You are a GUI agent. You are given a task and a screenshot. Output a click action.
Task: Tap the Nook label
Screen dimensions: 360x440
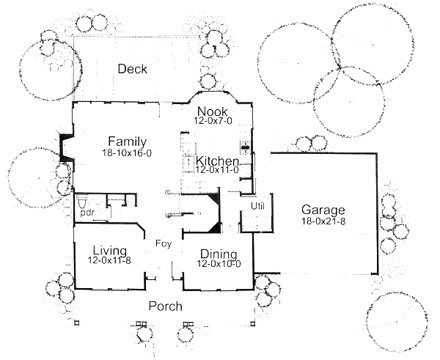[x=211, y=111]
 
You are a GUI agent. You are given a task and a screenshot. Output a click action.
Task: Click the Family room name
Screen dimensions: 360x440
[x=127, y=142]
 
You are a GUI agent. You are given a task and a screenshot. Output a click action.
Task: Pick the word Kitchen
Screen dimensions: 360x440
[x=217, y=161]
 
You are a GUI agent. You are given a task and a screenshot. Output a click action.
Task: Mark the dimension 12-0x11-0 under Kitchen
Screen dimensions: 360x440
[x=218, y=170]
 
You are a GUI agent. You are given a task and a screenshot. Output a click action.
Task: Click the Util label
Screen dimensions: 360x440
[x=257, y=206]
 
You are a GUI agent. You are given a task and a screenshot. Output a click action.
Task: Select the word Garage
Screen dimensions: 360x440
[x=321, y=210]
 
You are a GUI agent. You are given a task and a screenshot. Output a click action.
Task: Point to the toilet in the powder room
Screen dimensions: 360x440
[x=83, y=202]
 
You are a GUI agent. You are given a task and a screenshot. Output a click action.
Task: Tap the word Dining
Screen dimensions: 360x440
[x=218, y=253]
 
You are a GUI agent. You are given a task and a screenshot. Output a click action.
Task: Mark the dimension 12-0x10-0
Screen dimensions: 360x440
[x=218, y=263]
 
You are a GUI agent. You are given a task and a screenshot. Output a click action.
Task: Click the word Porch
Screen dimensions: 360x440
[x=165, y=306]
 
